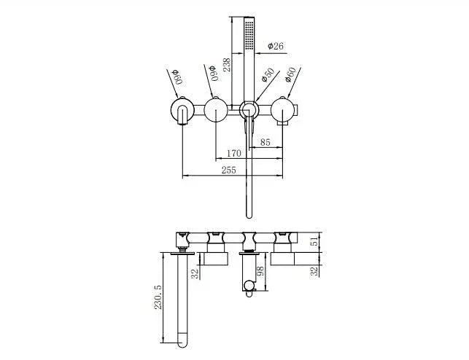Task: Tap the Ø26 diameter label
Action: pyautogui.click(x=276, y=46)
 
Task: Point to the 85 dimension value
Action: pyautogui.click(x=265, y=143)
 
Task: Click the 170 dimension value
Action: pyautogui.click(x=233, y=154)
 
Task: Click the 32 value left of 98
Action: pyautogui.click(x=194, y=273)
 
